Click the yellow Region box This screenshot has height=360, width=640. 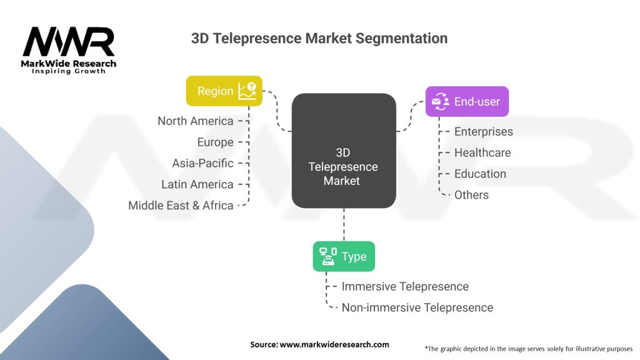(224, 91)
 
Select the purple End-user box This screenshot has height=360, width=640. (467, 101)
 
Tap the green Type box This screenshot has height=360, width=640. (344, 256)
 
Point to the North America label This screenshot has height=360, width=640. (196, 121)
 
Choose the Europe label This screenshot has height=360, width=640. (215, 142)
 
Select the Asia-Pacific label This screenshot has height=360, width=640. (203, 163)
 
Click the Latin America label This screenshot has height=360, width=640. (197, 184)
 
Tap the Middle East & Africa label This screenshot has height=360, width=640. (181, 205)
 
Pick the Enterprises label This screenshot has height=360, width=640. (483, 131)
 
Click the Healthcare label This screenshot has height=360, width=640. (482, 152)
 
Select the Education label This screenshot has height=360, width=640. (480, 174)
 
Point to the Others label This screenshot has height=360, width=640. (471, 195)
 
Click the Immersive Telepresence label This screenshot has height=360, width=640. (405, 286)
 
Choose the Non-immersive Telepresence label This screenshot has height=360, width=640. (417, 307)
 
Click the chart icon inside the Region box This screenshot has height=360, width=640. (247, 91)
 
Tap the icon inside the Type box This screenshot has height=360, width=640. (328, 256)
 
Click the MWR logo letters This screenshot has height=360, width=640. (69, 42)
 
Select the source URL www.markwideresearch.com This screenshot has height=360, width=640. (334, 344)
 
